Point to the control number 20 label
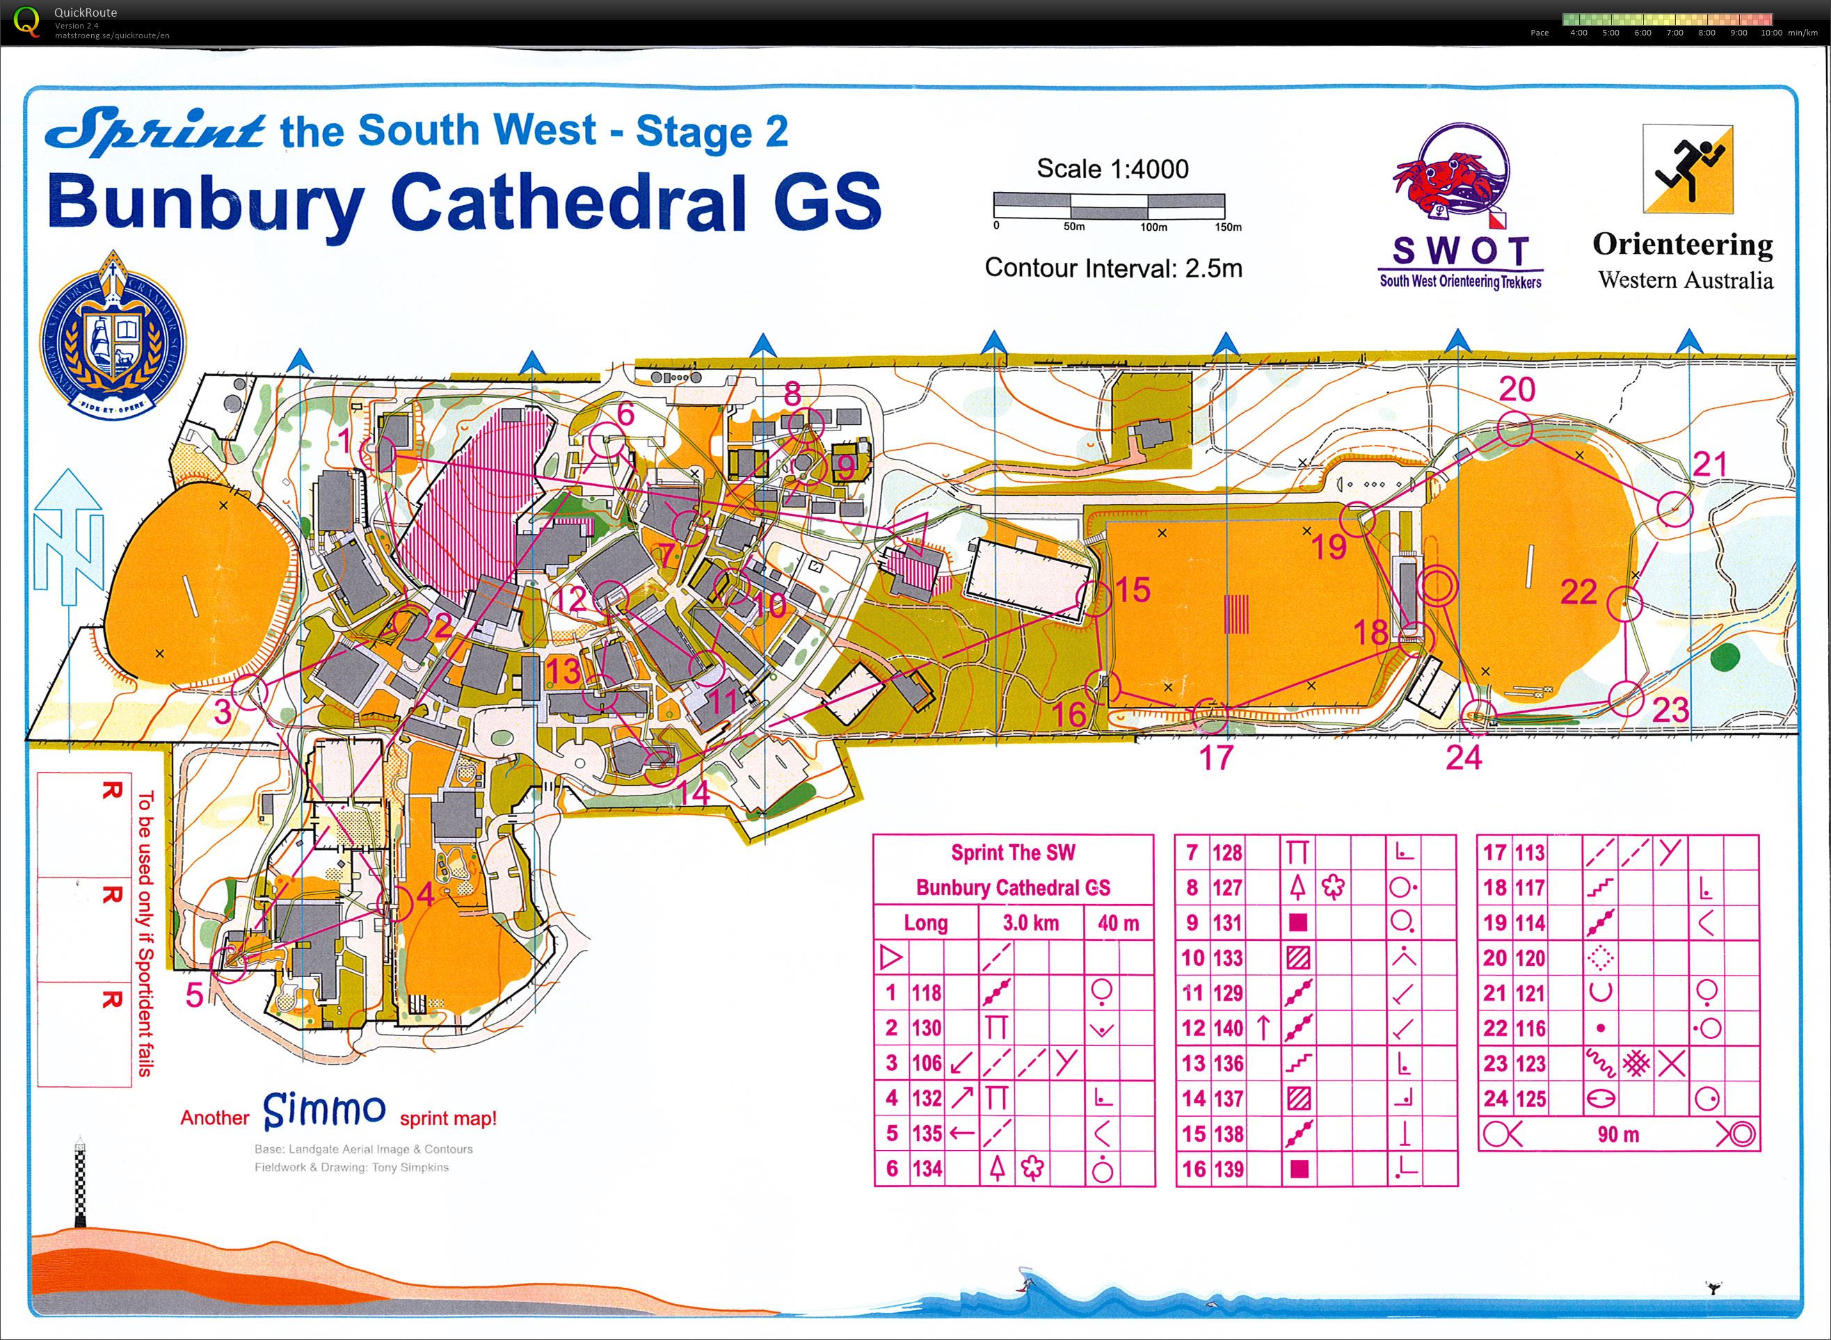pos(1517,390)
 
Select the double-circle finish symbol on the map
pos(1436,585)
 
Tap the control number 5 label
pos(194,994)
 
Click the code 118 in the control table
pos(926,993)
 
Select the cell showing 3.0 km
pos(1030,923)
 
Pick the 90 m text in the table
pos(1618,1134)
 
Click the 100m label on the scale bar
pos(1153,228)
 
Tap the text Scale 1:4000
pos(1112,169)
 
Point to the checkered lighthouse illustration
pos(79,1184)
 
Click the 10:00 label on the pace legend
pos(1771,33)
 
